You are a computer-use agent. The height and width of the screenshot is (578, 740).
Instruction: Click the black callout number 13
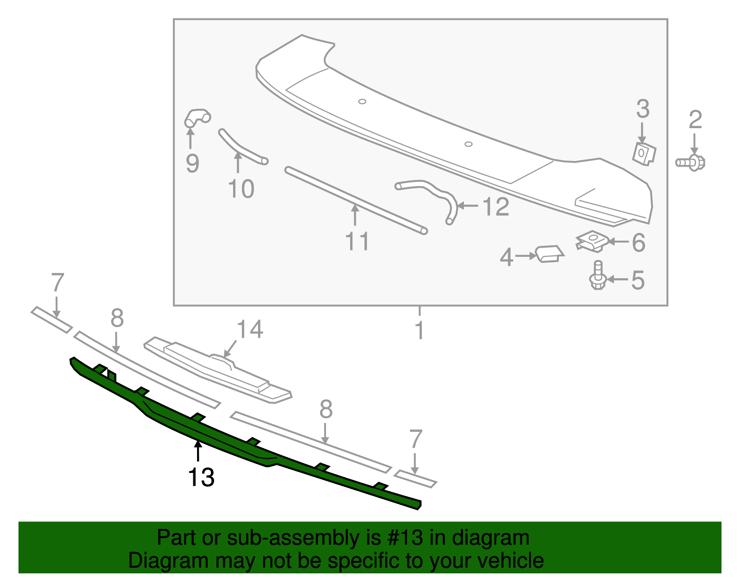(201, 477)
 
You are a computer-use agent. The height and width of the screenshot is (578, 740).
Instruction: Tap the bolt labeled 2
(691, 162)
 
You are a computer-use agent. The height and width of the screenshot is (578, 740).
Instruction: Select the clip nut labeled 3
(644, 153)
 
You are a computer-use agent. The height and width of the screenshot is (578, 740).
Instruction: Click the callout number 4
(506, 257)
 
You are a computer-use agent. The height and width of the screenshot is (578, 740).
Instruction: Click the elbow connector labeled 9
(197, 117)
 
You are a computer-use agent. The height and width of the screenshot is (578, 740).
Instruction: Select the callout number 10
(241, 189)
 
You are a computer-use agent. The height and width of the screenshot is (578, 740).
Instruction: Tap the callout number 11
(357, 241)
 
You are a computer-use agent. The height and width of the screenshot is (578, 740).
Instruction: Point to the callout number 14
(250, 329)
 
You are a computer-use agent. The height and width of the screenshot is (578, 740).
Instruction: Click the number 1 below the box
(419, 330)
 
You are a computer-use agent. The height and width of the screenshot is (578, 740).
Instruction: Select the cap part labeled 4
(549, 254)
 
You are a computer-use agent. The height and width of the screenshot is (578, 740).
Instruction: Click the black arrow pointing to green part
(198, 451)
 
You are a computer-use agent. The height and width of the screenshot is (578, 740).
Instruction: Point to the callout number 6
(638, 242)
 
